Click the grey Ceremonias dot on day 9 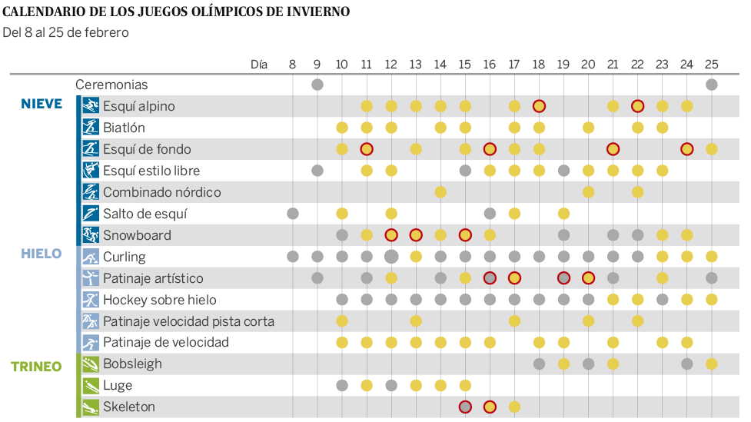pos(317,85)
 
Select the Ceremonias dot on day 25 pos(712,85)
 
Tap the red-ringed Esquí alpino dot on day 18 pos(539,106)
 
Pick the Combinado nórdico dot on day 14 pos(440,192)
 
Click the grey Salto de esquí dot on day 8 pos(293,214)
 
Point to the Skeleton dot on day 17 pos(514,407)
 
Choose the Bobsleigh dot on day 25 pos(712,364)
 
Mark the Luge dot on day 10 pos(342,385)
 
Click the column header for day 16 pos(490,65)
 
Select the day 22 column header pos(637,65)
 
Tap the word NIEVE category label pos(42,104)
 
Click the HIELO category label pos(42,254)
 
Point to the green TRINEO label pos(36,367)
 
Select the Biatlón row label pos(124,128)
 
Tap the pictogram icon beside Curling pos(91,257)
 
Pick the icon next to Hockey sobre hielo pos(91,300)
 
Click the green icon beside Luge pos(91,385)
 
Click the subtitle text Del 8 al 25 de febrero pos(66,32)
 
